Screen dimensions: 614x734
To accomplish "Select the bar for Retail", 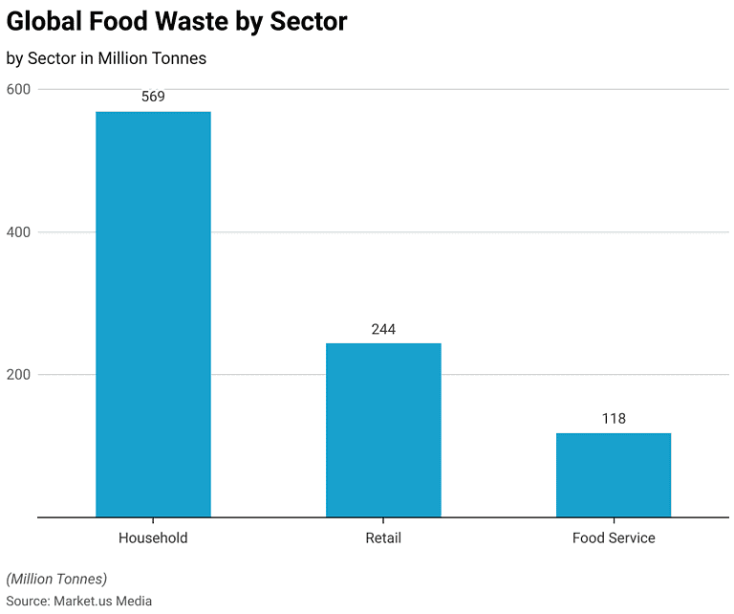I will pos(383,429).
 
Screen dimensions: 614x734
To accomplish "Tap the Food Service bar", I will pos(614,474).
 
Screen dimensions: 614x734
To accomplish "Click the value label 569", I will pos(153,97).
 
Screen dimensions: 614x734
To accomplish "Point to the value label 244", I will pos(383,329).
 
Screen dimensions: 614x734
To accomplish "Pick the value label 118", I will pos(614,419).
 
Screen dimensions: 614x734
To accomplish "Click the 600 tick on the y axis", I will pos(18,89).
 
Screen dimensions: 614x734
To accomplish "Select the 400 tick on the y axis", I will pos(18,232).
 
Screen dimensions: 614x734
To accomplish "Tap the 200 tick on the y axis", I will pos(18,375).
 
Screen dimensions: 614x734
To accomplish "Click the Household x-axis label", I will pos(153,537).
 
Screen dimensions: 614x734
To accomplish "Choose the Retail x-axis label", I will pos(383,537).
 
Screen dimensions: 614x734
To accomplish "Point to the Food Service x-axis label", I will pos(614,537).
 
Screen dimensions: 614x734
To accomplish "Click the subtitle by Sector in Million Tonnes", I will pos(106,58).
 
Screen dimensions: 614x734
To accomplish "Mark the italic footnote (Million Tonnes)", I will pos(56,579).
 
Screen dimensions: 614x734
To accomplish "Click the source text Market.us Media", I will pos(102,601).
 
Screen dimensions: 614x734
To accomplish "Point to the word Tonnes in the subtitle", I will pos(180,58).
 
